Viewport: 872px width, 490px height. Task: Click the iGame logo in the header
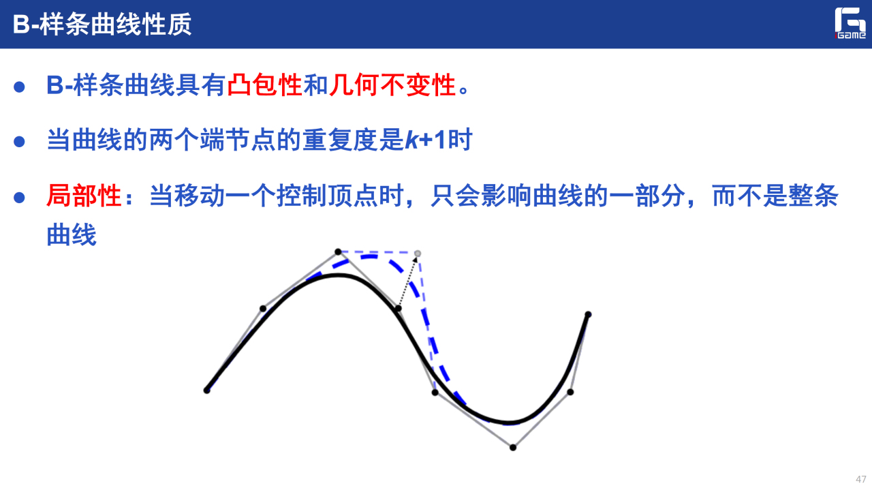[850, 23]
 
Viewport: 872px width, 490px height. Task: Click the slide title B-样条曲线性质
[102, 24]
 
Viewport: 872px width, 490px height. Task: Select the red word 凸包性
[265, 85]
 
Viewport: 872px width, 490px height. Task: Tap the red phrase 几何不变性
[392, 85]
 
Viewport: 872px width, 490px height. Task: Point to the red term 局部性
[84, 196]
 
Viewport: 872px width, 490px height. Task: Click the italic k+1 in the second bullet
[426, 140]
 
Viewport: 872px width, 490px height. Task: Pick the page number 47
[860, 478]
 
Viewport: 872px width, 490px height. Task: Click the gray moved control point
[418, 254]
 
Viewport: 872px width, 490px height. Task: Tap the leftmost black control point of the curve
[206, 391]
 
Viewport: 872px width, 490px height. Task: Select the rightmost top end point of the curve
[588, 314]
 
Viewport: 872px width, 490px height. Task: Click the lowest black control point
[513, 448]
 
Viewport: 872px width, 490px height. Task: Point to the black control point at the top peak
[338, 252]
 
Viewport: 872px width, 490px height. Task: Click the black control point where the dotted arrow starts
[398, 309]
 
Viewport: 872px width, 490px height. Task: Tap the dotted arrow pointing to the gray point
[407, 281]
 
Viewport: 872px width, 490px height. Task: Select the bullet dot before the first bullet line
[19, 87]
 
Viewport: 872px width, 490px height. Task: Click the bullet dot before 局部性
[19, 198]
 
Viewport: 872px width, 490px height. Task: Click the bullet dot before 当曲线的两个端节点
[19, 141]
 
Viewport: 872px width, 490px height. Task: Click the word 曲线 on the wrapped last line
[72, 235]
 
